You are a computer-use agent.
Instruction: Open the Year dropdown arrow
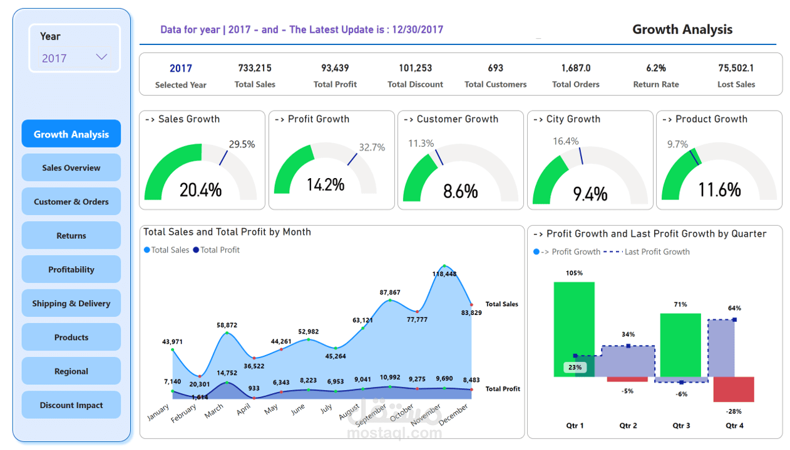pyautogui.click(x=101, y=57)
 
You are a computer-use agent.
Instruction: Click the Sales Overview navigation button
pyautogui.click(x=71, y=167)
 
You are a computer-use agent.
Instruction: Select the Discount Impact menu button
pyautogui.click(x=71, y=405)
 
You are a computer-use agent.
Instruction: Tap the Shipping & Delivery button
pyautogui.click(x=71, y=304)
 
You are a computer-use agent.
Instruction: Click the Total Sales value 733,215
pyautogui.click(x=255, y=68)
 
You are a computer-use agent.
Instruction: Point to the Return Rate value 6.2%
pyautogui.click(x=656, y=68)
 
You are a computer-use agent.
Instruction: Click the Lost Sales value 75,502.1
pyautogui.click(x=736, y=68)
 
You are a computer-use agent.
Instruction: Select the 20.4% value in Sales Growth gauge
pyautogui.click(x=200, y=189)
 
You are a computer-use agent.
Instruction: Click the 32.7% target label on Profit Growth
pyautogui.click(x=372, y=147)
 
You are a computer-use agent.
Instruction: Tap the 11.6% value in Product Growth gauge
pyautogui.click(x=719, y=189)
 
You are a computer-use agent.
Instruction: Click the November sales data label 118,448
pyautogui.click(x=444, y=274)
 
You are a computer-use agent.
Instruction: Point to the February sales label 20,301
pyautogui.click(x=199, y=384)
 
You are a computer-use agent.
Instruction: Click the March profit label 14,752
pyautogui.click(x=227, y=373)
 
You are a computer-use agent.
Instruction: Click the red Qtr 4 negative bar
pyautogui.click(x=734, y=389)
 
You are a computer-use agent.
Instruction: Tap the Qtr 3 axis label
pyautogui.click(x=681, y=426)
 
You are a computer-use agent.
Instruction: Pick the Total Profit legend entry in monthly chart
pyautogui.click(x=217, y=250)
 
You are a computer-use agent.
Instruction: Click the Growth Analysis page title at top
pyautogui.click(x=682, y=29)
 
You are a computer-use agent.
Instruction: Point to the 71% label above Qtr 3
pyautogui.click(x=680, y=304)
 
